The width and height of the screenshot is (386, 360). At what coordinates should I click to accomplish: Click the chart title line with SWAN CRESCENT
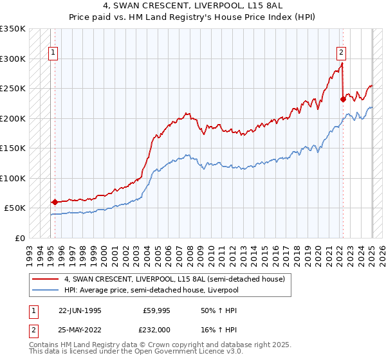pos(193,4)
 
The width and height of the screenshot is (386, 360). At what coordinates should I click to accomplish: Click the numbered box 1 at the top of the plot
pos(52,53)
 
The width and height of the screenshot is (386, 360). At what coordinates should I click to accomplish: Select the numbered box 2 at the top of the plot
pos(340,53)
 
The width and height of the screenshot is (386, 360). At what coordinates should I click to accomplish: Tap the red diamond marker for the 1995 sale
pos(55,202)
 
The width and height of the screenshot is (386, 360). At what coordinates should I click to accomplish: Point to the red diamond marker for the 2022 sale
pos(343,99)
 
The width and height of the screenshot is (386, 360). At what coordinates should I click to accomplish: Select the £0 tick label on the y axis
pos(20,238)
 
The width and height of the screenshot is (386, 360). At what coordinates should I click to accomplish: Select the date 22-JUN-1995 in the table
pos(80,310)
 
